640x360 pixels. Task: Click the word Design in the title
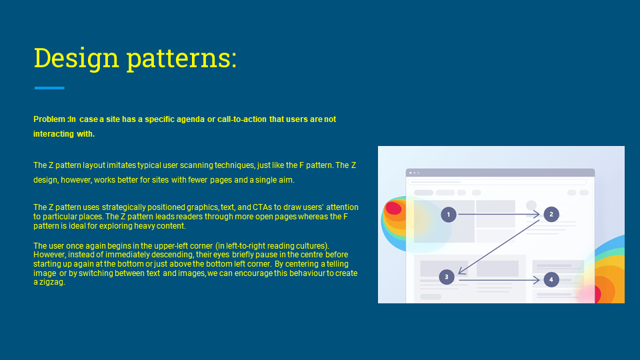(x=76, y=59)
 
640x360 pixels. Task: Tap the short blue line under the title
(x=49, y=88)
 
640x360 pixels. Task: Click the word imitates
(x=121, y=165)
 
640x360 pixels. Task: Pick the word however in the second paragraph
(x=76, y=180)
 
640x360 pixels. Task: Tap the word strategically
(x=124, y=207)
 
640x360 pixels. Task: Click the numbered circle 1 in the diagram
(x=448, y=215)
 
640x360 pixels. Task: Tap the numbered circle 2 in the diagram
(x=551, y=214)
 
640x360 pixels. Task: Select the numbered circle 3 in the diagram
(x=447, y=277)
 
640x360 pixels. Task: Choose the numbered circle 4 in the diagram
(x=551, y=279)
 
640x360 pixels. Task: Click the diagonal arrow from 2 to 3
(x=499, y=247)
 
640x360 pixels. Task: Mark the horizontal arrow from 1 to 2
(x=499, y=214)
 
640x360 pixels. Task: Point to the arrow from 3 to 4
(x=499, y=280)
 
